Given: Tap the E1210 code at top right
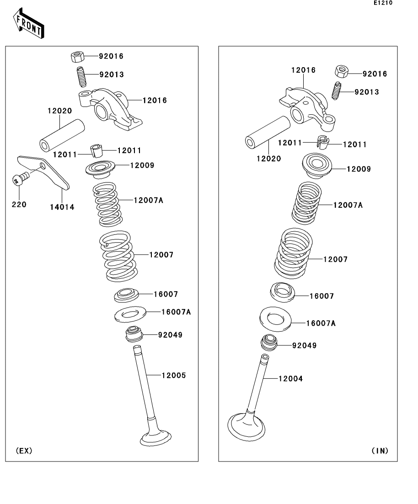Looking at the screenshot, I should [382, 3].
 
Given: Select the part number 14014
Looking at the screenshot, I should [62, 207].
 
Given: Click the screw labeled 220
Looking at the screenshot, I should [19, 179].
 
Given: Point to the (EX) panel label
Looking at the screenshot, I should [24, 451].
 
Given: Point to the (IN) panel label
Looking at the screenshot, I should [380, 451].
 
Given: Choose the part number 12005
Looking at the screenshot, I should [174, 376].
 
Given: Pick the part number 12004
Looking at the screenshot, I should [291, 379].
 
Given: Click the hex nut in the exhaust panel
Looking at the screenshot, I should [77, 57].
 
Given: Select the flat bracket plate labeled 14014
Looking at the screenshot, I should [44, 172].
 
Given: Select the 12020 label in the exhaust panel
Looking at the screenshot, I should [59, 111].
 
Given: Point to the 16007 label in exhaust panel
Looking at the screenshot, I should [166, 295].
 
